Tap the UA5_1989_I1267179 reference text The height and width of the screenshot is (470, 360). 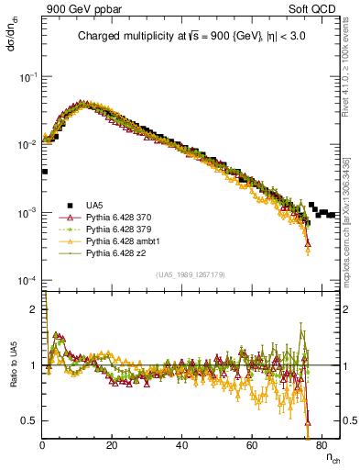pos(192,274)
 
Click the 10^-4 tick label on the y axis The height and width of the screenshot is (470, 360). pos(28,280)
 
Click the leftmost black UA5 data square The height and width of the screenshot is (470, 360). pos(44,171)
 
